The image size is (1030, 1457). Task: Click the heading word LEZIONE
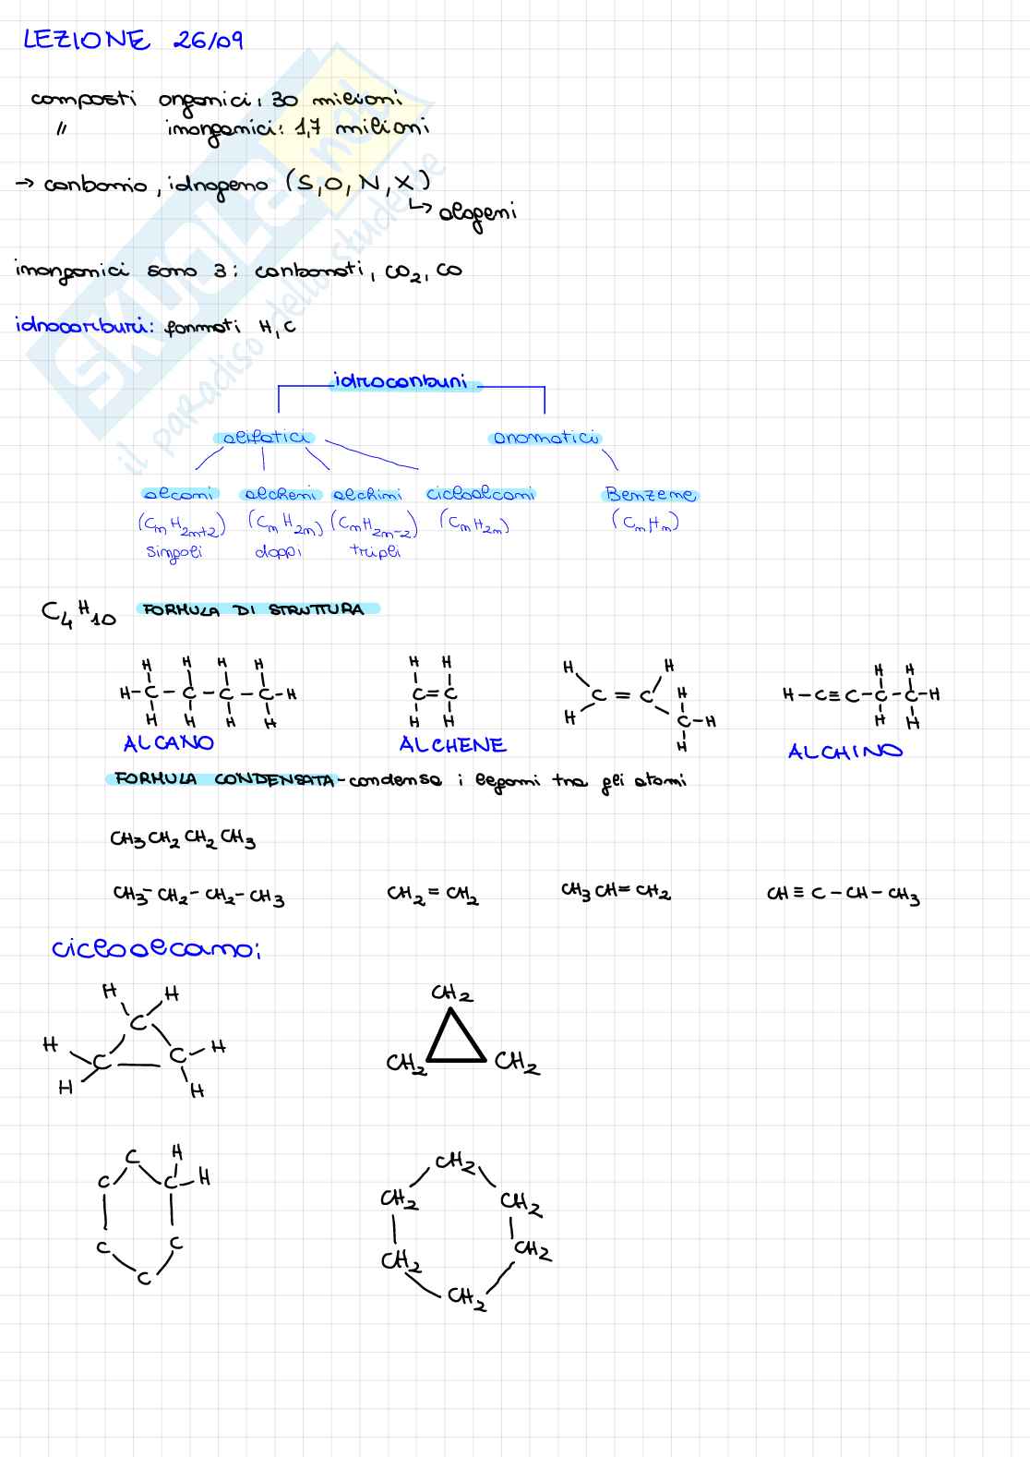(x=86, y=41)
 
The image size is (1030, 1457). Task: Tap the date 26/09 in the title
(x=208, y=41)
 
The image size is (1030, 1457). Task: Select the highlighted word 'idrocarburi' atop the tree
(x=401, y=381)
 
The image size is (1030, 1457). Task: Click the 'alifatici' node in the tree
(x=264, y=438)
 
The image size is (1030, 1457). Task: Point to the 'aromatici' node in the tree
(x=545, y=438)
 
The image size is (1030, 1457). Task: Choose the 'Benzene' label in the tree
(x=651, y=495)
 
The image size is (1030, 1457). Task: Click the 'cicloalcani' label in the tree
(x=480, y=494)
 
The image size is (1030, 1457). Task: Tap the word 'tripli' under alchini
(x=376, y=551)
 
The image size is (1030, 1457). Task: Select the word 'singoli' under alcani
(x=174, y=552)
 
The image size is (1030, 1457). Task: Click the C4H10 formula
(x=79, y=612)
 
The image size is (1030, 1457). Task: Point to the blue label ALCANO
(x=168, y=743)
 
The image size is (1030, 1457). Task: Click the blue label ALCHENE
(x=452, y=745)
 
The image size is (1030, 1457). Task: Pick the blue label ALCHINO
(x=844, y=752)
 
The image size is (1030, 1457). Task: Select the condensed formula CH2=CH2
(x=433, y=894)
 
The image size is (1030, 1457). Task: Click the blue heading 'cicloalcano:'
(x=156, y=949)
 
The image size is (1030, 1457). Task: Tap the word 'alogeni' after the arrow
(x=477, y=213)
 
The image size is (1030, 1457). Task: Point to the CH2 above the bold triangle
(x=451, y=993)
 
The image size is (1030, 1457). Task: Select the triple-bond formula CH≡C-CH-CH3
(x=843, y=894)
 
